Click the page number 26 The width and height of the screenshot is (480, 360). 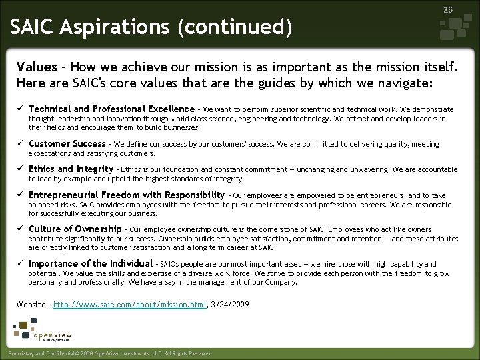point(448,10)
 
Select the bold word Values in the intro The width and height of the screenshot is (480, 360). point(37,67)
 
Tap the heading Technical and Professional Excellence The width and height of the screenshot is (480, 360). point(111,109)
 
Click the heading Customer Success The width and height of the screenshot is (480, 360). point(67,143)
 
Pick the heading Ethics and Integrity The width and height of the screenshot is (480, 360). point(71,169)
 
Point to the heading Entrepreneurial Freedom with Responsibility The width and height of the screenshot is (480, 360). point(127,195)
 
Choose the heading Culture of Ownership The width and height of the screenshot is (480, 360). point(75,229)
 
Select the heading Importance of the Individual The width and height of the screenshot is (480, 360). point(90,264)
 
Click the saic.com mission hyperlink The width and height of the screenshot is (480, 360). point(129,305)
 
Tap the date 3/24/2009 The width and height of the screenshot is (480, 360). point(230,305)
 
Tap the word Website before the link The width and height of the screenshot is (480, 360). point(31,305)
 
